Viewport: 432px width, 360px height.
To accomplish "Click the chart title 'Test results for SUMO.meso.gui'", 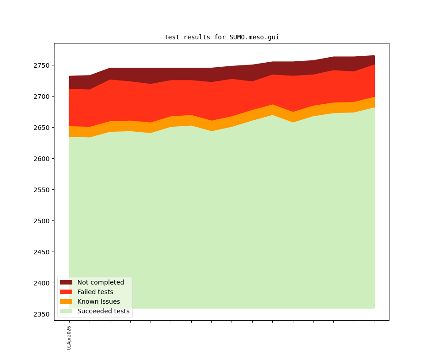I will pyautogui.click(x=221, y=38).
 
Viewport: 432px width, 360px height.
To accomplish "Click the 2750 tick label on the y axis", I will pyautogui.click(x=42, y=65).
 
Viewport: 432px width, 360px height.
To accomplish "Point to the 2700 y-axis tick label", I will pyautogui.click(x=42, y=97).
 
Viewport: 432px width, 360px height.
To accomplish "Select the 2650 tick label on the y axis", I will pyautogui.click(x=42, y=128).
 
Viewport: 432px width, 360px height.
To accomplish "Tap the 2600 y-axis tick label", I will pyautogui.click(x=42, y=159).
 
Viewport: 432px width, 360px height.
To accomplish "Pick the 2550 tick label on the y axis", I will pyautogui.click(x=42, y=190).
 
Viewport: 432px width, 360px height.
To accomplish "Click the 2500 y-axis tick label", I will pyautogui.click(x=42, y=221).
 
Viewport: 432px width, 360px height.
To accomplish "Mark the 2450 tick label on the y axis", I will pyautogui.click(x=42, y=252).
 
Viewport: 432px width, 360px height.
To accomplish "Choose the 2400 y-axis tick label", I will pyautogui.click(x=42, y=283).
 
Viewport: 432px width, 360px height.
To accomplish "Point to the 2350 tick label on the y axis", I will pyautogui.click(x=42, y=314).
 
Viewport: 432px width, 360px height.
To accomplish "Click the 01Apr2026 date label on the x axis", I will pyautogui.click(x=69, y=338).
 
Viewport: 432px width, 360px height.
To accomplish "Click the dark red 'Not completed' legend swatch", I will pyautogui.click(x=66, y=282).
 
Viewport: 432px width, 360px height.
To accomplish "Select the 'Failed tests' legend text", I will pyautogui.click(x=95, y=292).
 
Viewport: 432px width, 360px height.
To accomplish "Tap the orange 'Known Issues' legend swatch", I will pyautogui.click(x=66, y=301).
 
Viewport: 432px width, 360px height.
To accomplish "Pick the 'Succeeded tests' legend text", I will pyautogui.click(x=103, y=311).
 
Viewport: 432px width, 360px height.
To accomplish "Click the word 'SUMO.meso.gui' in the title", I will pyautogui.click(x=254, y=38).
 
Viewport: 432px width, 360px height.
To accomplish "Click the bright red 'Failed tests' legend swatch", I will pyautogui.click(x=66, y=292).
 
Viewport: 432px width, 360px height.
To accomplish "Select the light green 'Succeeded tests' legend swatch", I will pyautogui.click(x=66, y=311).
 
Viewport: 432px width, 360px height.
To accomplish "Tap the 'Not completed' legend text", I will pyautogui.click(x=101, y=282).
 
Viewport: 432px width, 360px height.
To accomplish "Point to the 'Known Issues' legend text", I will pyautogui.click(x=98, y=301).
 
